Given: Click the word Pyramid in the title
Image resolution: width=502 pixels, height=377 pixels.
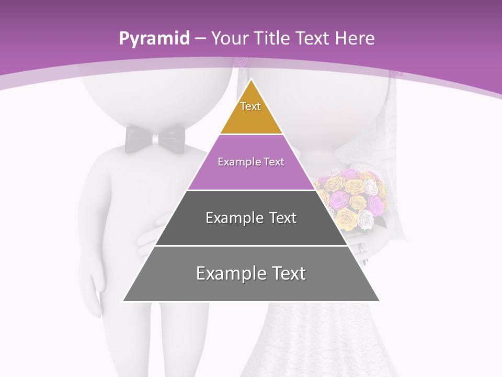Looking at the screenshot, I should point(154,39).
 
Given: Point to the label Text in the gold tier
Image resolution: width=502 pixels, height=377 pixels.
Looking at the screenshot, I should point(250,106).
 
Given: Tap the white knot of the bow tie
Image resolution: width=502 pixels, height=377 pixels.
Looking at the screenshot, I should point(156,139).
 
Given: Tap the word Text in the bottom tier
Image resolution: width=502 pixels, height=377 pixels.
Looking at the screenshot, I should point(285,273).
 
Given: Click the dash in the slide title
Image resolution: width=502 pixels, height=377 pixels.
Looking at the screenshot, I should point(200,39).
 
